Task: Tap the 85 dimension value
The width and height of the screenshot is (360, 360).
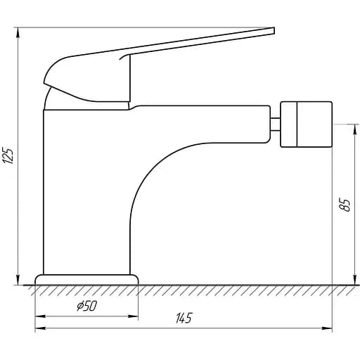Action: pos(345,205)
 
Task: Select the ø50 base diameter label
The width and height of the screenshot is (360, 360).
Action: pos(86,306)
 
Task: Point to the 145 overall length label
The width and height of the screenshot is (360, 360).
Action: pos(184,318)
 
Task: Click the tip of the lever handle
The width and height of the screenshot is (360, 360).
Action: pos(274,31)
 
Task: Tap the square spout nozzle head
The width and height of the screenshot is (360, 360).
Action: pos(307,124)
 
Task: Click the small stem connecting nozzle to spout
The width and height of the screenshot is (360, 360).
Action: pos(276,124)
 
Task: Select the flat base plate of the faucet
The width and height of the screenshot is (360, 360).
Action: pos(86,280)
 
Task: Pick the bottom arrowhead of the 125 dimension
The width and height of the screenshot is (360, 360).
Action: pos(18,280)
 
